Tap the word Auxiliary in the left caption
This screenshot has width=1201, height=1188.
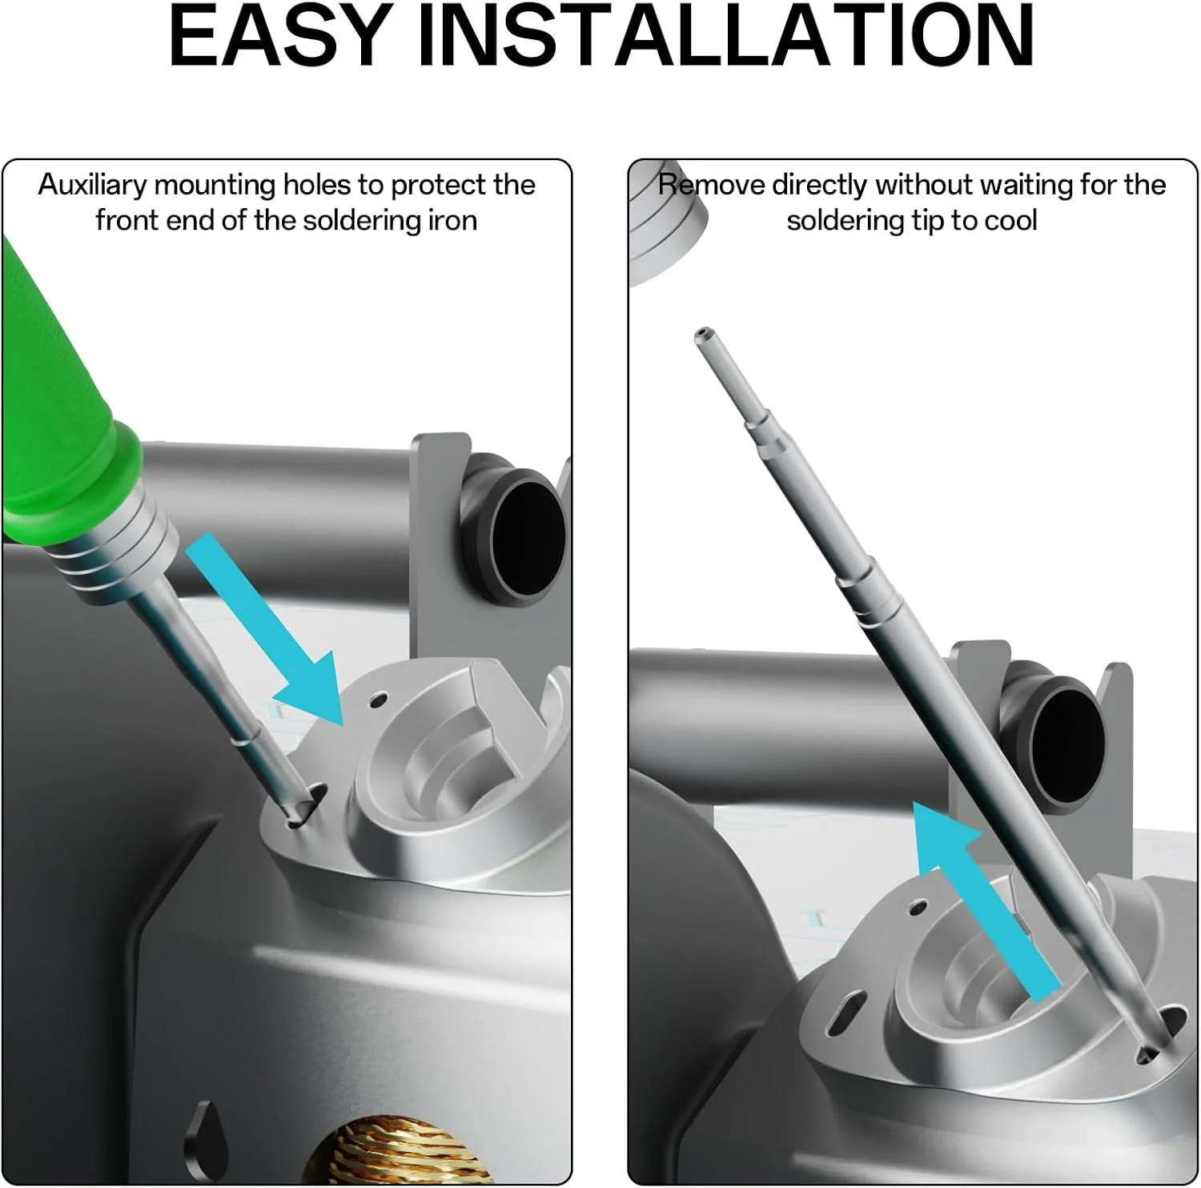93,186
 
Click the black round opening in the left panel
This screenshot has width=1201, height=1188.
526,532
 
